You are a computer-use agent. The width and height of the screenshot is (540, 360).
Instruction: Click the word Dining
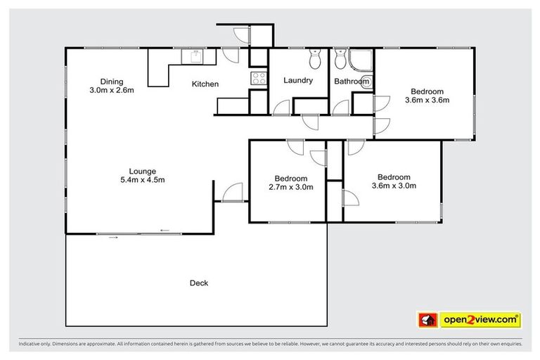coord(111,81)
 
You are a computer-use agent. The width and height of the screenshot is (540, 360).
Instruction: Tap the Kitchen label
coord(205,84)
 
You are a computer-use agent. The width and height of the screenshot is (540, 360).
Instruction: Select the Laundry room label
coord(298,81)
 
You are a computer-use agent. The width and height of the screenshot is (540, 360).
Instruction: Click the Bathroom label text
coord(352,82)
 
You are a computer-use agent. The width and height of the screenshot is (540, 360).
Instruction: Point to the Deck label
coord(199,283)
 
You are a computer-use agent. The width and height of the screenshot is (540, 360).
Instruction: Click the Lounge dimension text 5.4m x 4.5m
coord(142,180)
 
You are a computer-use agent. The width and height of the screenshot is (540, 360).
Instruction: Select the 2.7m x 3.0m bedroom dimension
coord(290,187)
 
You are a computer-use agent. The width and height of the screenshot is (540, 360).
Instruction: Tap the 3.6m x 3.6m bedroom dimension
coord(427,101)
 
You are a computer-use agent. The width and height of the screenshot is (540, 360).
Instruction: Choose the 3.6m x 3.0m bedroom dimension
coord(394,186)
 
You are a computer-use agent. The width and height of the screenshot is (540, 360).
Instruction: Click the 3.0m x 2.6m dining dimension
coord(111,90)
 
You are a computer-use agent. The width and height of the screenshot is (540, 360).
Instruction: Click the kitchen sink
coord(192,56)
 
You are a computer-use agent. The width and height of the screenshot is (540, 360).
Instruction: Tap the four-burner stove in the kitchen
coord(258,79)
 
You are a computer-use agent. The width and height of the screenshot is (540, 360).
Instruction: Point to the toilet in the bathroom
coord(340,61)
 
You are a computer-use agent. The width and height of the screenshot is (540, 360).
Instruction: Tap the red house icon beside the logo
coord(427,321)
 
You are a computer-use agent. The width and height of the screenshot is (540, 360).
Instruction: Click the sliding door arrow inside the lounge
coord(165,230)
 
